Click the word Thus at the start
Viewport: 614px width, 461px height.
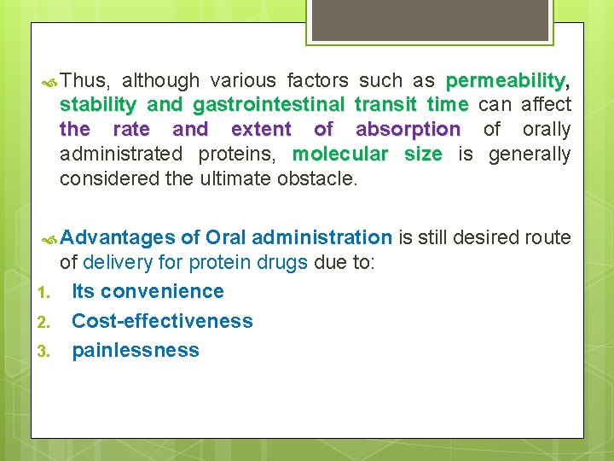84,81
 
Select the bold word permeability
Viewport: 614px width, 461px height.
505,81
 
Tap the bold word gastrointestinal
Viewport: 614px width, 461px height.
269,105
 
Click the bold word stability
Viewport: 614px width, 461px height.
98,105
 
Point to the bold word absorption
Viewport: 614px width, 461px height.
408,130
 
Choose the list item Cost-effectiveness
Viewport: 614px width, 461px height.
162,321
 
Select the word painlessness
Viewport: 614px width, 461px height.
135,350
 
